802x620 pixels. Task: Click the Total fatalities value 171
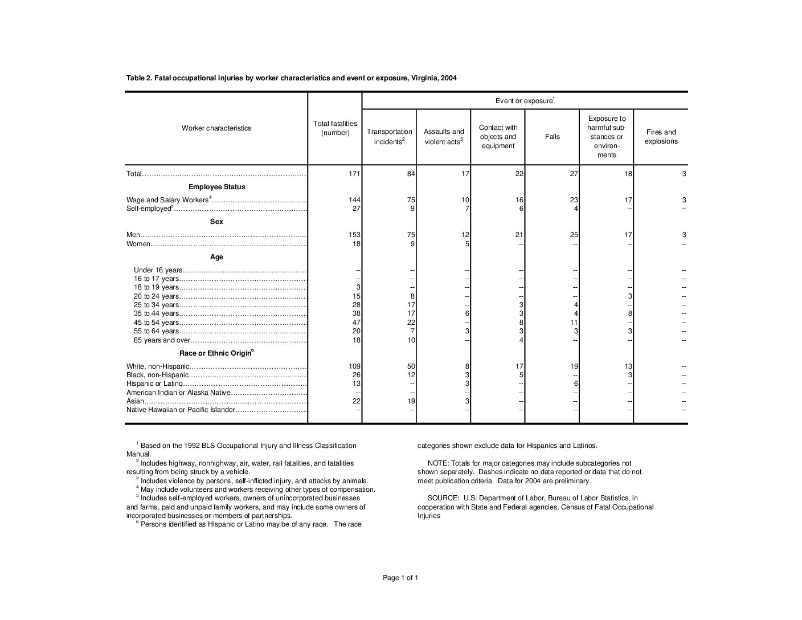[354, 174]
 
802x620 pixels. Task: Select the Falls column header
[552, 137]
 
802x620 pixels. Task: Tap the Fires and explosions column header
[661, 137]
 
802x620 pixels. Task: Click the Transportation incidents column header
[389, 137]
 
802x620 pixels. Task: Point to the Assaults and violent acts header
[444, 137]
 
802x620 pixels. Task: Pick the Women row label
[138, 244]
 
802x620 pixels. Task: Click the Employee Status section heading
[216, 187]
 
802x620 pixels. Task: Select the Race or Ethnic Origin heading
[216, 353]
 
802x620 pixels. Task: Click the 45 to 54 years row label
[156, 323]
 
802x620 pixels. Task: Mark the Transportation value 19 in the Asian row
[411, 402]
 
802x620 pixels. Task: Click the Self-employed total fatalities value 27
[356, 209]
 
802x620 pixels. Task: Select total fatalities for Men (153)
[354, 235]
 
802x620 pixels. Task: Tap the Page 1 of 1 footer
[400, 578]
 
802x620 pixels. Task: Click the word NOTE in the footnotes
[437, 463]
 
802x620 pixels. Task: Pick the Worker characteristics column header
[216, 128]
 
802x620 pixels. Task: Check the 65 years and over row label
[162, 340]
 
